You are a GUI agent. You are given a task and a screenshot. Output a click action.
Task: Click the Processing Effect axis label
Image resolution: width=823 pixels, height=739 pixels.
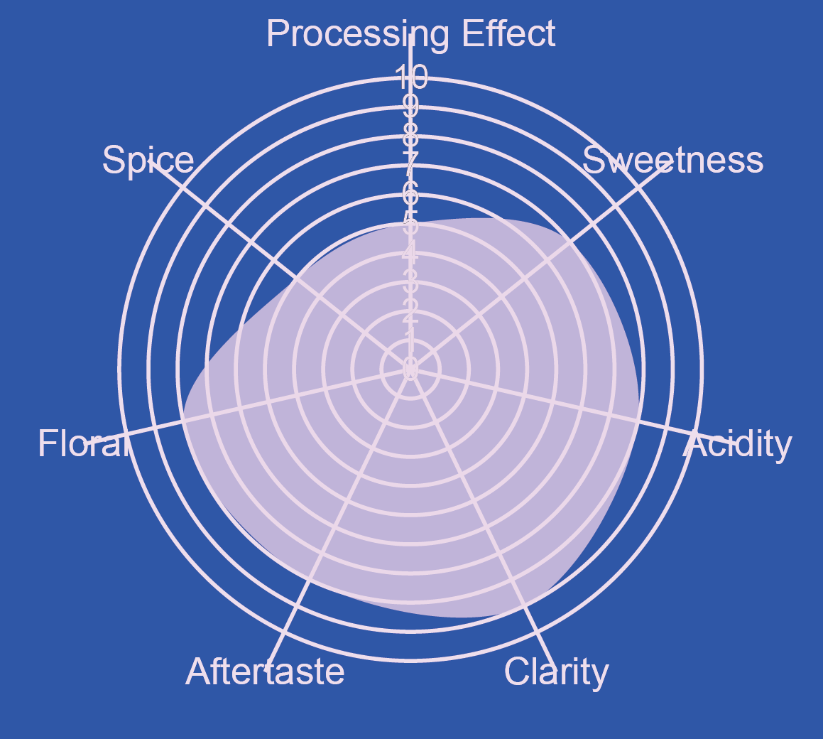(x=410, y=34)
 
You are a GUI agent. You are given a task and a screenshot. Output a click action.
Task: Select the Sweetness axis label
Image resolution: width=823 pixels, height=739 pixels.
(x=672, y=161)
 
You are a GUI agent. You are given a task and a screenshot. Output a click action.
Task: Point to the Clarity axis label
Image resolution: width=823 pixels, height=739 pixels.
(x=556, y=671)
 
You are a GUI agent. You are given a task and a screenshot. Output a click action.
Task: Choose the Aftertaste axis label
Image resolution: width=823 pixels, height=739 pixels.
(x=265, y=671)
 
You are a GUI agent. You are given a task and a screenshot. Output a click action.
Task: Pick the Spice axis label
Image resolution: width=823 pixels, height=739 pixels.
(x=148, y=161)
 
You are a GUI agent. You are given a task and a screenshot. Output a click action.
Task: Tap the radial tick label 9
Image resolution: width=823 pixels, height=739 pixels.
(x=410, y=107)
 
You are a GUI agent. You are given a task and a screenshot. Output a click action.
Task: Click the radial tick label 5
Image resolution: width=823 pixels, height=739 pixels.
(x=410, y=223)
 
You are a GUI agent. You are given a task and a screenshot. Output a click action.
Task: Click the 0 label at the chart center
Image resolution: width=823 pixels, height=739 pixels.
(x=410, y=369)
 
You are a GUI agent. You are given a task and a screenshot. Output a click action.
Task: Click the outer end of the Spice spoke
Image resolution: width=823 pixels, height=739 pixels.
(x=151, y=162)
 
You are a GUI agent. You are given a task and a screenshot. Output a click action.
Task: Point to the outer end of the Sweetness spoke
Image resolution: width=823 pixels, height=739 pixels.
(x=670, y=162)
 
